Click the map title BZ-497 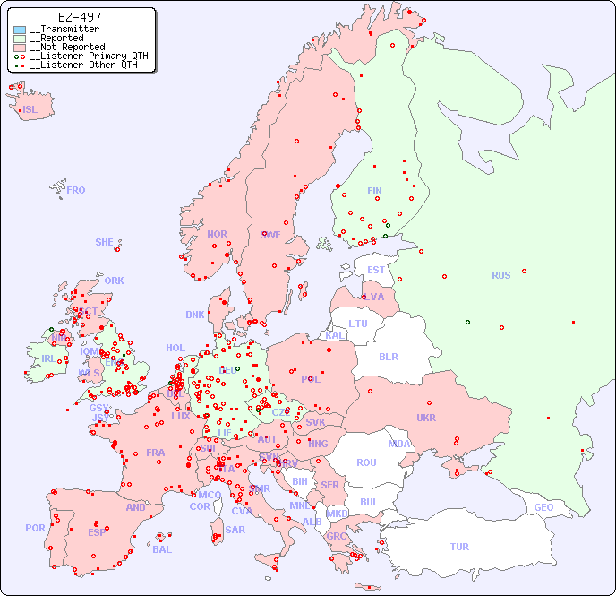(79, 17)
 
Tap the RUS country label (500, 275)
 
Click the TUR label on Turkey (459, 547)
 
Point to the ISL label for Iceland (30, 110)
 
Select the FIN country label (374, 191)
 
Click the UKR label (425, 418)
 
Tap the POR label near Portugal (35, 528)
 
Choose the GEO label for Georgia (543, 507)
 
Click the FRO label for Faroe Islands (76, 190)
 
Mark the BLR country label (388, 356)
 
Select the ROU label (366, 462)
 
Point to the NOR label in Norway (217, 234)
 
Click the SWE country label (270, 235)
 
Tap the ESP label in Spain (97, 531)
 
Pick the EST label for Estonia (376, 270)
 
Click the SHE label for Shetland (105, 242)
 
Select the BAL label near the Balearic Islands (162, 549)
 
